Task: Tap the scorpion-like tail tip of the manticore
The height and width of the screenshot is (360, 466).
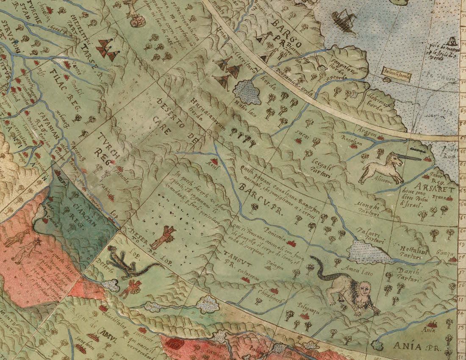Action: tap(312, 258)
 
